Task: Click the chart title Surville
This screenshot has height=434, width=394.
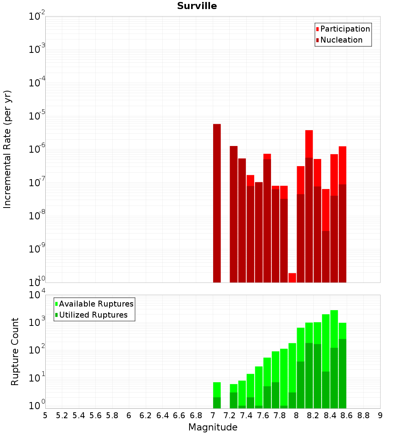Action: (x=197, y=6)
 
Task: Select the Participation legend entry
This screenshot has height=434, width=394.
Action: (x=345, y=29)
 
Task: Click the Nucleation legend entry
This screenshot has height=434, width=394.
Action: (x=341, y=40)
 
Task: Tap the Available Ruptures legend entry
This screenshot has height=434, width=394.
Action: (x=96, y=304)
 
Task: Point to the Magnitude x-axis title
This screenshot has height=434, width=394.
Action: (x=213, y=427)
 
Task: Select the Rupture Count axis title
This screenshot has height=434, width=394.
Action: (x=15, y=352)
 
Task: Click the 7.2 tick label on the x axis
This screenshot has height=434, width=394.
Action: (x=229, y=415)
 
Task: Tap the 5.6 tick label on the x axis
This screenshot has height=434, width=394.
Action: (x=95, y=415)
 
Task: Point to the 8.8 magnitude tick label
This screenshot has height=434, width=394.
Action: (x=363, y=415)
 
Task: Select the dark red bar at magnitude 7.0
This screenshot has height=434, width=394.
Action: (x=217, y=203)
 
